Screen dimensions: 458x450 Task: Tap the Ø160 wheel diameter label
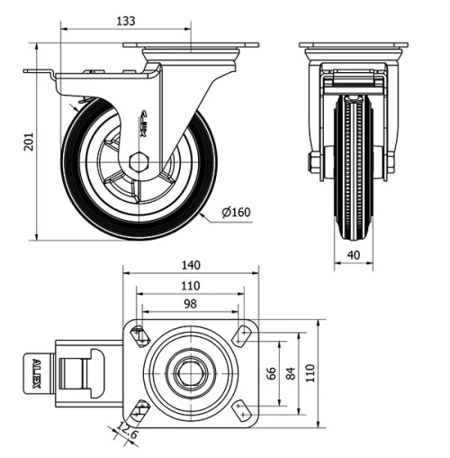click(236, 214)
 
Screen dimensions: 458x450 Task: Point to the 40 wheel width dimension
click(353, 255)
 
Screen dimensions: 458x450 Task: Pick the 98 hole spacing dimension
click(190, 305)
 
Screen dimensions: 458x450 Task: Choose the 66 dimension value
click(267, 372)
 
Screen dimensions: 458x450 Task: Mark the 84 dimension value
click(289, 372)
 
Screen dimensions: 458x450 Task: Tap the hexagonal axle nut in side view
click(139, 163)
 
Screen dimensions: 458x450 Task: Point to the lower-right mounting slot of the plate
click(242, 410)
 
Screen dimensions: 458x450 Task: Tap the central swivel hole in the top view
click(190, 371)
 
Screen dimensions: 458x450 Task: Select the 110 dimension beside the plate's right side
click(311, 372)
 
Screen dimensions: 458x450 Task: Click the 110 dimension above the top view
click(190, 285)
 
